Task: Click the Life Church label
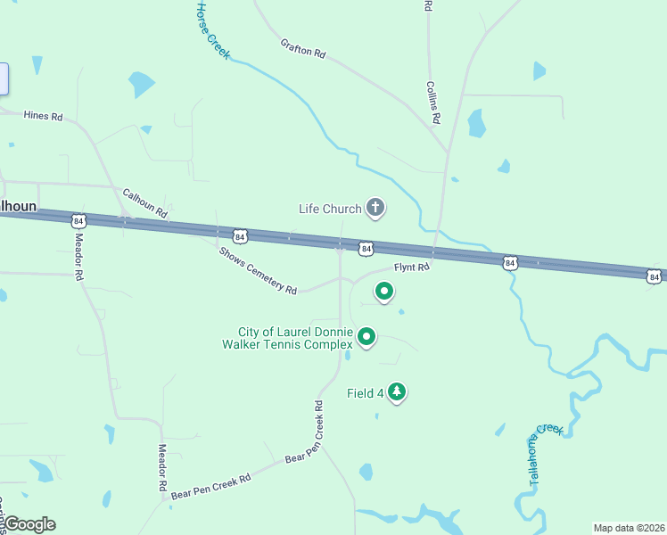click(330, 209)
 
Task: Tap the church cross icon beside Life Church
click(375, 209)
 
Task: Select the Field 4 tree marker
click(396, 391)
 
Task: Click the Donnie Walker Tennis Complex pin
click(366, 336)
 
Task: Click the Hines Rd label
click(44, 116)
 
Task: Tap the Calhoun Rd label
click(144, 203)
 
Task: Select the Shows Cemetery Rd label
click(258, 270)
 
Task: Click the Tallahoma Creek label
click(546, 454)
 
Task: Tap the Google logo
click(29, 524)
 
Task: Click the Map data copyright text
click(628, 528)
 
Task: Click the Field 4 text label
click(365, 392)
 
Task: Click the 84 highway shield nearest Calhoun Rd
click(79, 220)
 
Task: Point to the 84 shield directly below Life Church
click(366, 247)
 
